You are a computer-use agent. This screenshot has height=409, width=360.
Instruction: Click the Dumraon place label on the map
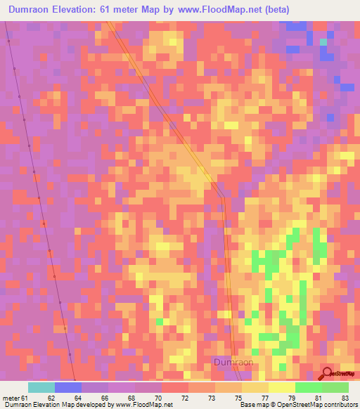(x=233, y=362)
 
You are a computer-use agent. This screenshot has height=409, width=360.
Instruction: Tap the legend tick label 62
(x=50, y=397)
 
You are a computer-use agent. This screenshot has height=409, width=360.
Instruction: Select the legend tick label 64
(x=77, y=397)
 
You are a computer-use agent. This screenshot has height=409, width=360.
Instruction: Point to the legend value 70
(x=157, y=397)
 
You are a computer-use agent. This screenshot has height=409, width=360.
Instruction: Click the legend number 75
(x=238, y=397)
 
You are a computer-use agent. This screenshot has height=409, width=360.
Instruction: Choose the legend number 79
(x=291, y=397)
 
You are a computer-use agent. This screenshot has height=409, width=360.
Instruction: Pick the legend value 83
(x=344, y=397)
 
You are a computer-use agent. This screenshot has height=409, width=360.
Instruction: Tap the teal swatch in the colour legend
(x=41, y=387)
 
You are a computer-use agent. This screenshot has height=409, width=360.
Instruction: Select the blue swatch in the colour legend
(x=68, y=387)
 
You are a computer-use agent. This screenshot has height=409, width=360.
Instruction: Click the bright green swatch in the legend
(x=309, y=387)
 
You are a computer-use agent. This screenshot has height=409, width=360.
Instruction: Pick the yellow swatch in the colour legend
(x=282, y=387)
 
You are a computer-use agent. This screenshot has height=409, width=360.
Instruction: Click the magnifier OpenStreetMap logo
(x=328, y=373)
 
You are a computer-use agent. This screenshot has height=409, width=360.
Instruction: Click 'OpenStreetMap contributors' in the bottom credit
(x=318, y=405)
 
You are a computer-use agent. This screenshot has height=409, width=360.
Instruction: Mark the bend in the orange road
(x=222, y=197)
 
